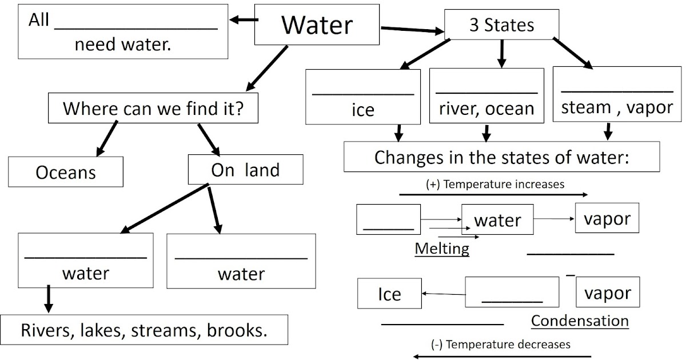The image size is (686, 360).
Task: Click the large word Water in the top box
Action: (x=317, y=25)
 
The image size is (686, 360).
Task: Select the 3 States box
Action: (x=501, y=26)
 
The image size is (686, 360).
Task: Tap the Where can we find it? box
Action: (x=153, y=108)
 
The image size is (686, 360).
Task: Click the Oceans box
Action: (x=66, y=172)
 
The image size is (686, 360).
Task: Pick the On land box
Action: (x=245, y=170)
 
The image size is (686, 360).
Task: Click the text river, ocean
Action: (x=486, y=109)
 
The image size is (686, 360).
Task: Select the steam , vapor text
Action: (x=617, y=107)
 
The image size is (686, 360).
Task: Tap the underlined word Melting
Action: (x=442, y=249)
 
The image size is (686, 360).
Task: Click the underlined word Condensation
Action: (x=580, y=321)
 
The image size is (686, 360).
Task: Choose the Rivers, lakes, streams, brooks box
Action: (x=144, y=330)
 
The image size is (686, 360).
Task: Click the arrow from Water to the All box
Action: (x=243, y=21)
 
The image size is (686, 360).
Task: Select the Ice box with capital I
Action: (x=389, y=294)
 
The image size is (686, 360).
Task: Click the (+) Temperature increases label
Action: (x=495, y=185)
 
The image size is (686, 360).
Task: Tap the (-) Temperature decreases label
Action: (x=500, y=345)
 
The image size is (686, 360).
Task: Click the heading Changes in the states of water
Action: (x=501, y=157)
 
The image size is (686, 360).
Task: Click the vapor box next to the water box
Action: (x=607, y=218)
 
